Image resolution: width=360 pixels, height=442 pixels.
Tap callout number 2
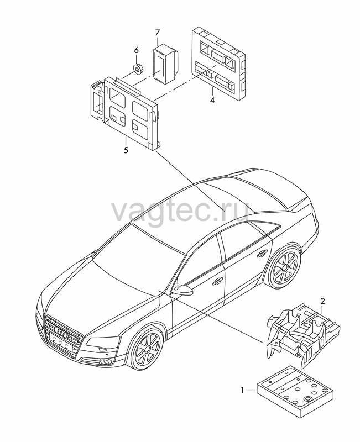pos(323,301)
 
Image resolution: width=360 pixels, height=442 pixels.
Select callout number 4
pos(212,100)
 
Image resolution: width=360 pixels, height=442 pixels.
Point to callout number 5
pos(126,150)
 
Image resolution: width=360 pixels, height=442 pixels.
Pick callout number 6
pos(136,50)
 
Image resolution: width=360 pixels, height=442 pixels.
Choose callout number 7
pos(158,33)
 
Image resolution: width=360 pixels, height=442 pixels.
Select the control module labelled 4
pos(218,65)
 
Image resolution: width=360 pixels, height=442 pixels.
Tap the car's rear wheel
pos(283,267)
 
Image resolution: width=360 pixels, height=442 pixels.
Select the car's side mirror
pos(182,290)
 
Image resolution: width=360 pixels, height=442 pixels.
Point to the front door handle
pos(218,280)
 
